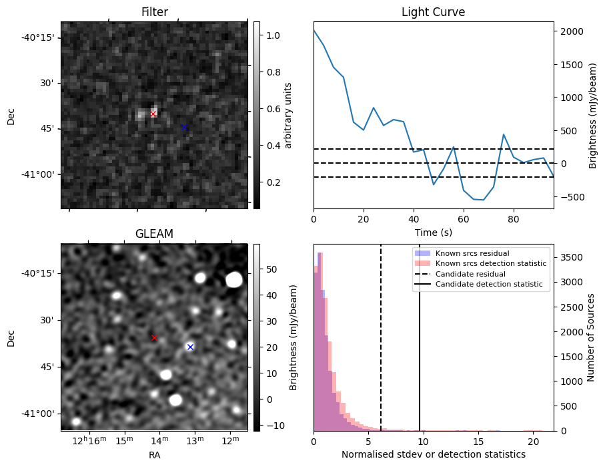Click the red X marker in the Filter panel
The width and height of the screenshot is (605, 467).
pyautogui.click(x=153, y=114)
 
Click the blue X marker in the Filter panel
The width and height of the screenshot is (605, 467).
pyautogui.click(x=184, y=127)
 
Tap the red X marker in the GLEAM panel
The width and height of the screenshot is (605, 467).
pyautogui.click(x=154, y=338)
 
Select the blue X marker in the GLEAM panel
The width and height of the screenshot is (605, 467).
pyautogui.click(x=190, y=347)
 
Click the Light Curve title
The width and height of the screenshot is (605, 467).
pyautogui.click(x=433, y=13)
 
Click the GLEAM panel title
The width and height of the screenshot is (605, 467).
pyautogui.click(x=154, y=234)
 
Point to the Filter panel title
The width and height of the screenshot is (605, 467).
pyautogui.click(x=154, y=13)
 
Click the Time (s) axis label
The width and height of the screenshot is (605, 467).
pyautogui.click(x=433, y=231)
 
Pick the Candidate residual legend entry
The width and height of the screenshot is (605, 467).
pyautogui.click(x=470, y=274)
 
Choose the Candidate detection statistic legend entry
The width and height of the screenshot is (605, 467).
pyautogui.click(x=490, y=285)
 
